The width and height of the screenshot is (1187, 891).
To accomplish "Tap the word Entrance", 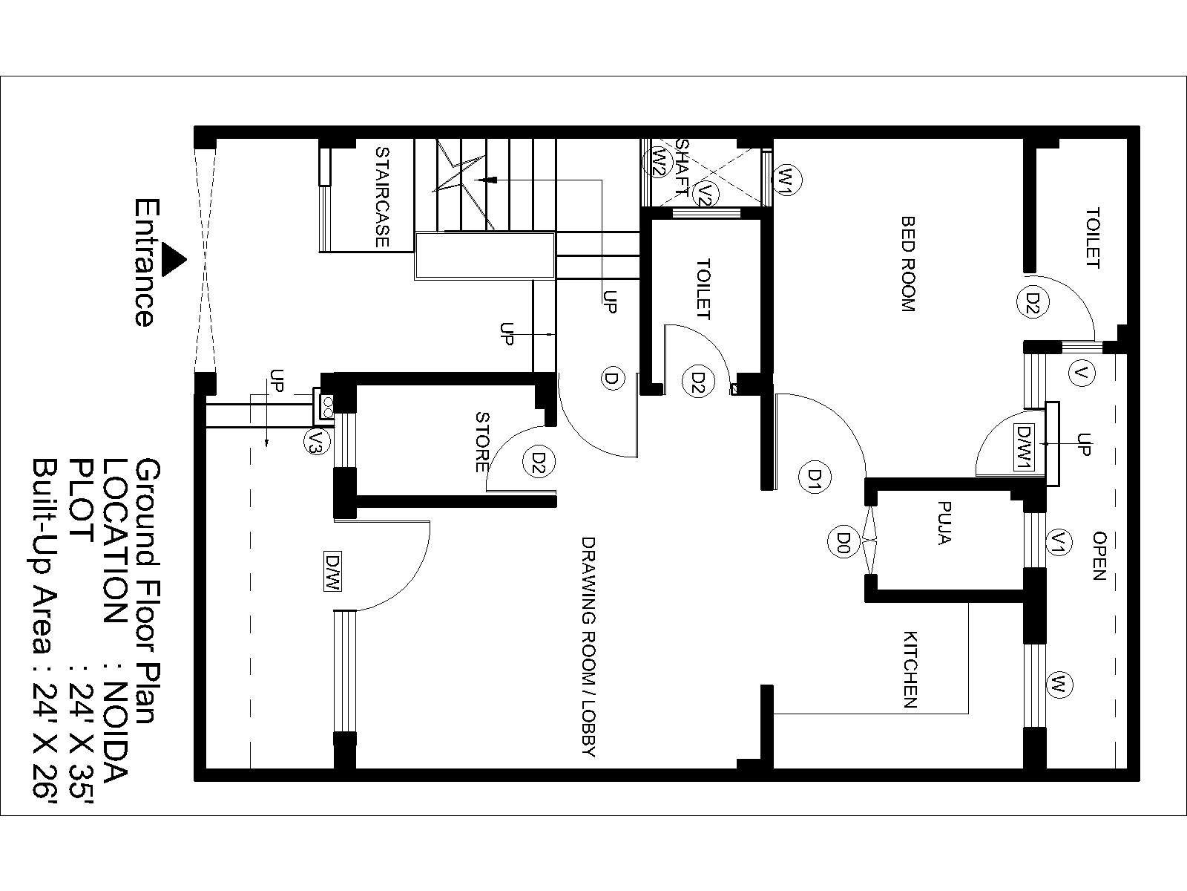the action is click(x=147, y=263).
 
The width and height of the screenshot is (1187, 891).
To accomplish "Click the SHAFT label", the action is click(x=683, y=169).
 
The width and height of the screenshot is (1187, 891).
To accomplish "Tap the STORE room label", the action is click(x=482, y=442).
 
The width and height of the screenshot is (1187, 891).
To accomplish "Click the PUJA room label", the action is click(x=944, y=523).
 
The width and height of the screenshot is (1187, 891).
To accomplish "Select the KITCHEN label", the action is click(x=910, y=670).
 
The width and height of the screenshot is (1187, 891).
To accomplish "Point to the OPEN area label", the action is click(x=1099, y=555).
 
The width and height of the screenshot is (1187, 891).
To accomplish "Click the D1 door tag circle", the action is click(x=815, y=477).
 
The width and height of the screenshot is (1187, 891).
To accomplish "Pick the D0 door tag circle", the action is click(x=844, y=541).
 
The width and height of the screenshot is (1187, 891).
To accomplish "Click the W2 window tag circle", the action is click(x=657, y=161).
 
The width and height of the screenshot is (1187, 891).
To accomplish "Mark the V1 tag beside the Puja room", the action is click(x=1060, y=541).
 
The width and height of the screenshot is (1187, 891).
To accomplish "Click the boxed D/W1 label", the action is click(x=1025, y=448).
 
